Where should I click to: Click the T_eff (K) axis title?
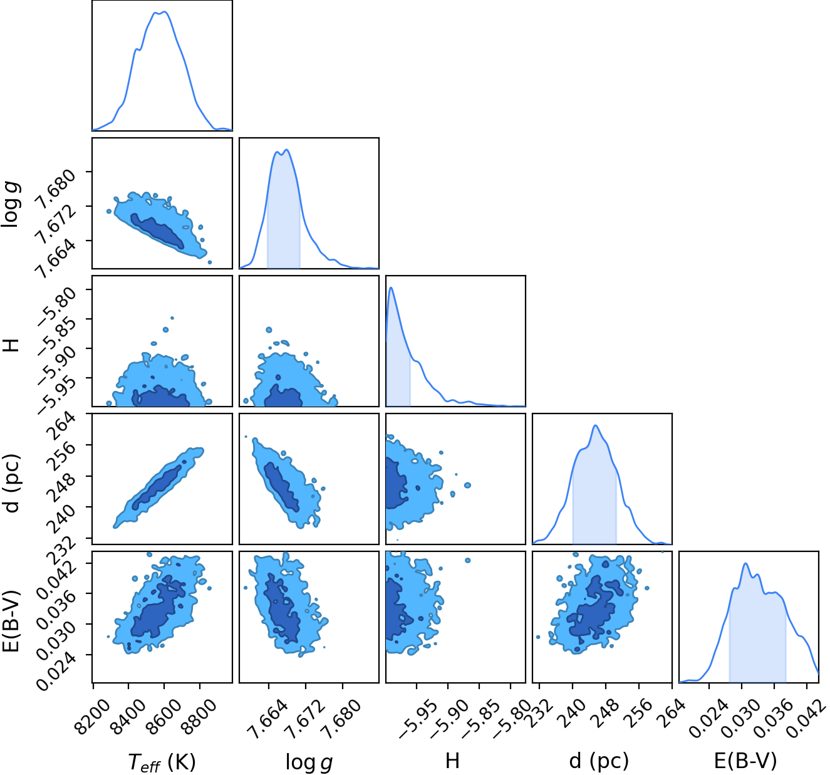click(x=162, y=762)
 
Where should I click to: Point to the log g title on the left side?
click(x=11, y=204)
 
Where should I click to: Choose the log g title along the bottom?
click(x=309, y=762)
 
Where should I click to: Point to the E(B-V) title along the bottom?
click(x=745, y=761)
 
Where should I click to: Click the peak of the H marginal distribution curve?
click(x=391, y=287)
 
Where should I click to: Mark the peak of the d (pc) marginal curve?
click(x=596, y=425)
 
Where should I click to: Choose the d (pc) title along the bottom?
click(x=599, y=761)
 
